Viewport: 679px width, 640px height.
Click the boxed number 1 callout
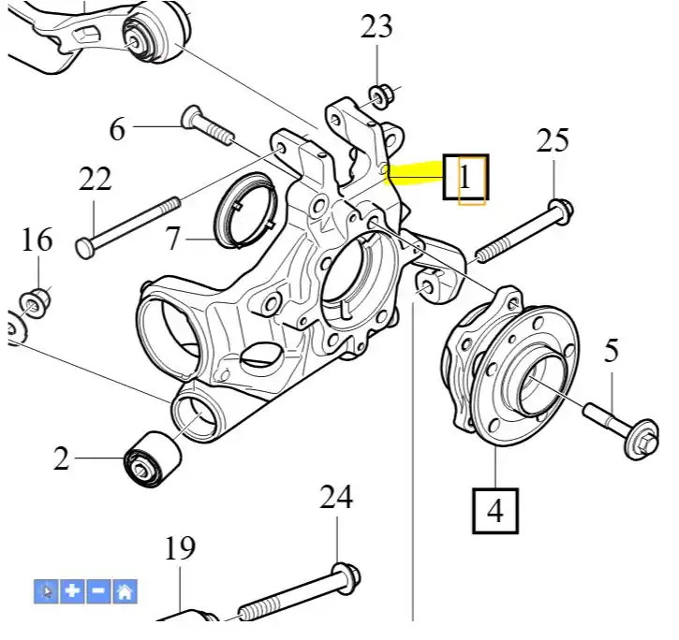pos(465,176)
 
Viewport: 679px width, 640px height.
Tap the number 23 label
pos(376,27)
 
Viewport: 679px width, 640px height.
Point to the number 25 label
pos(553,141)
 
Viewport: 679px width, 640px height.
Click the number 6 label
pos(117,128)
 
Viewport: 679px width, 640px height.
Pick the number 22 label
pos(96,178)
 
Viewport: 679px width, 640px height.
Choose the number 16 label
pos(37,240)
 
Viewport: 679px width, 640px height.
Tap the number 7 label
pos(172,239)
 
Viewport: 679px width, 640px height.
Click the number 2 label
pos(61,458)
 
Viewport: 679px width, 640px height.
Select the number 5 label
pos(611,352)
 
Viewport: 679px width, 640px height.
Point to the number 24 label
pos(336,497)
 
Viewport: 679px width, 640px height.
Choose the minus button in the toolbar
pos(98,590)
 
